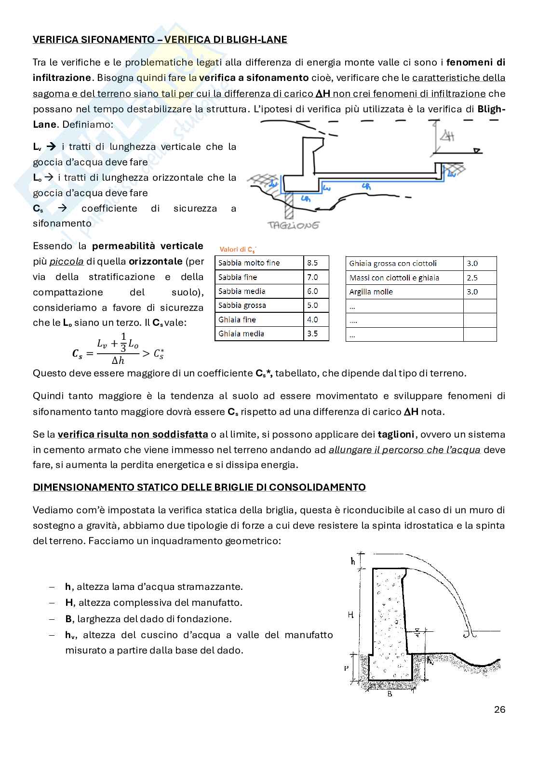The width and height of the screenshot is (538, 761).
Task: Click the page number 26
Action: (499, 709)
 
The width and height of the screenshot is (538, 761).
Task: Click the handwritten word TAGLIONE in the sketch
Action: (293, 225)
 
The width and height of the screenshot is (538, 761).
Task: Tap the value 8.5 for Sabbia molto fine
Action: (312, 263)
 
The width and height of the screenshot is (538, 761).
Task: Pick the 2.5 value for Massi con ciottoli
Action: (472, 278)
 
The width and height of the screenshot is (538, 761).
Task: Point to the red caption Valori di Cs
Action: (237, 249)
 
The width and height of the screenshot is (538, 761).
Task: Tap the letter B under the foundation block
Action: (390, 694)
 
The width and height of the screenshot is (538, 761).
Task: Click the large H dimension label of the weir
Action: (351, 614)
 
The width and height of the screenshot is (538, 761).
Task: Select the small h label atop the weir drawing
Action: (353, 561)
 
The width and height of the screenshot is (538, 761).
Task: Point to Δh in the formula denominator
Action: (118, 360)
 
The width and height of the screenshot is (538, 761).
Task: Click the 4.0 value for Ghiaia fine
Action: (312, 320)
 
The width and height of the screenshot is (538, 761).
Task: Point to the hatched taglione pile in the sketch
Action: (289, 204)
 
